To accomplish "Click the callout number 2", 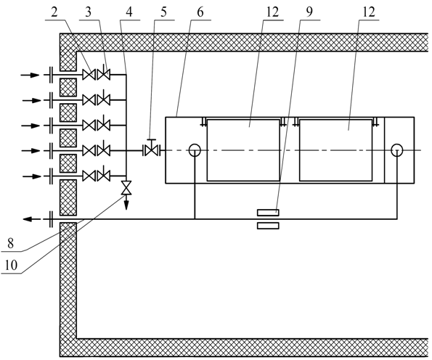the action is pyautogui.click(x=54, y=12).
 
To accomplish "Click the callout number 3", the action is pyautogui.click(x=88, y=12).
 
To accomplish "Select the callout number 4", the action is pyautogui.click(x=129, y=12).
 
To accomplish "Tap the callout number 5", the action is pyautogui.click(x=163, y=12).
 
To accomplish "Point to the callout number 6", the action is pyautogui.click(x=200, y=12).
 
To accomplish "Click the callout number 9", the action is pyautogui.click(x=309, y=12).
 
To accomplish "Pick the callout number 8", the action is pyautogui.click(x=10, y=243).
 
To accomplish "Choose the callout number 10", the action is pyautogui.click(x=11, y=265).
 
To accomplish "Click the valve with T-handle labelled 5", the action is pyautogui.click(x=152, y=149).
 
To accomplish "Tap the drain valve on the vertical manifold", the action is pyautogui.click(x=126, y=188).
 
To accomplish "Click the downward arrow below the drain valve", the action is pyautogui.click(x=126, y=202).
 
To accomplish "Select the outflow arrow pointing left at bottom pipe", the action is pyautogui.click(x=32, y=219).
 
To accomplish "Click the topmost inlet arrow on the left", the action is pyautogui.click(x=30, y=75).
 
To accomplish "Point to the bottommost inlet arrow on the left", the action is pyautogui.click(x=32, y=176).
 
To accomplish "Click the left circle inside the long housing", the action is pyautogui.click(x=195, y=150).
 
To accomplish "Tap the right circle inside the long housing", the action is pyautogui.click(x=397, y=150).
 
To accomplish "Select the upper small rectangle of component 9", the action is pyautogui.click(x=268, y=213).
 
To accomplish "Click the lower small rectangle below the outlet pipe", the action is pyautogui.click(x=268, y=226).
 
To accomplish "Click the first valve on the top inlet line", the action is pyautogui.click(x=89, y=74).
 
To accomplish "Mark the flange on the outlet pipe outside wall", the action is pyautogui.click(x=51, y=219).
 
